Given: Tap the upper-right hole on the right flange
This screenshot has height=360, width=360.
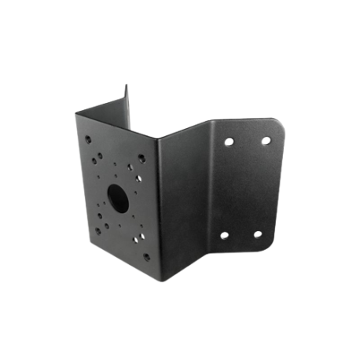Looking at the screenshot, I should [x=266, y=141].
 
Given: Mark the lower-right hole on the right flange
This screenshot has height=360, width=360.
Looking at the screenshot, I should [x=258, y=233].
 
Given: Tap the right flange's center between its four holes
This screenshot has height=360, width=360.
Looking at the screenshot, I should [x=244, y=189].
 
